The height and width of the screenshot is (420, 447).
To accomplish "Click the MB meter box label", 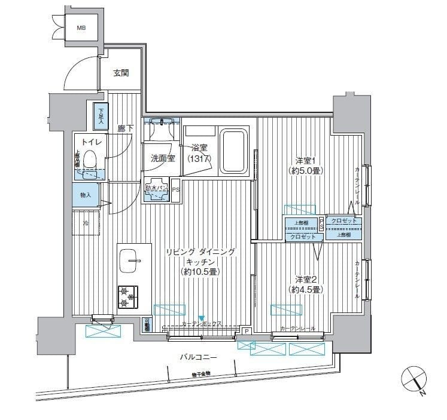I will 80,28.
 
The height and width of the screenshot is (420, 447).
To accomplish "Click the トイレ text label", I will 90,142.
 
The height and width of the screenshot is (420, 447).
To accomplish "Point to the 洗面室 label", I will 162,159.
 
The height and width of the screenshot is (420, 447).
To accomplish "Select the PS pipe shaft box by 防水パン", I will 175,190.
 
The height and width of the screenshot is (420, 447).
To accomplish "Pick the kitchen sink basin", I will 129,260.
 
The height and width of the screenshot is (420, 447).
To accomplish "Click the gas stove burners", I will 127,297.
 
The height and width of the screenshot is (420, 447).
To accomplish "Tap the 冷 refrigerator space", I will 86,223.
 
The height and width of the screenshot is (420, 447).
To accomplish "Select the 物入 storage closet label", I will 85,195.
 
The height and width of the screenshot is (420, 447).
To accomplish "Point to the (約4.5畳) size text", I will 308,290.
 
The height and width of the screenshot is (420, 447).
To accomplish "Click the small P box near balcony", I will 246,330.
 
